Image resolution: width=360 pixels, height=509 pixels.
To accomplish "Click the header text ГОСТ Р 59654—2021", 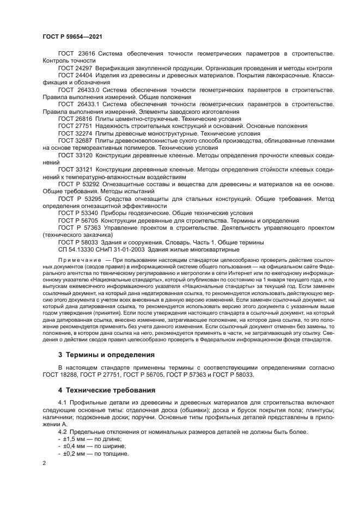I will pyautogui.click(x=72, y=36).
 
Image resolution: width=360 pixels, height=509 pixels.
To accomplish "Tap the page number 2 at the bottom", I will pyautogui.click(x=44, y=463).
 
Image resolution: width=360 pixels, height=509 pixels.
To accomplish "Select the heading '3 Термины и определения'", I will pyautogui.click(x=100, y=354).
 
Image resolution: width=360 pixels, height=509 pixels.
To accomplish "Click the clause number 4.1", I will pyautogui.click(x=63, y=402).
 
